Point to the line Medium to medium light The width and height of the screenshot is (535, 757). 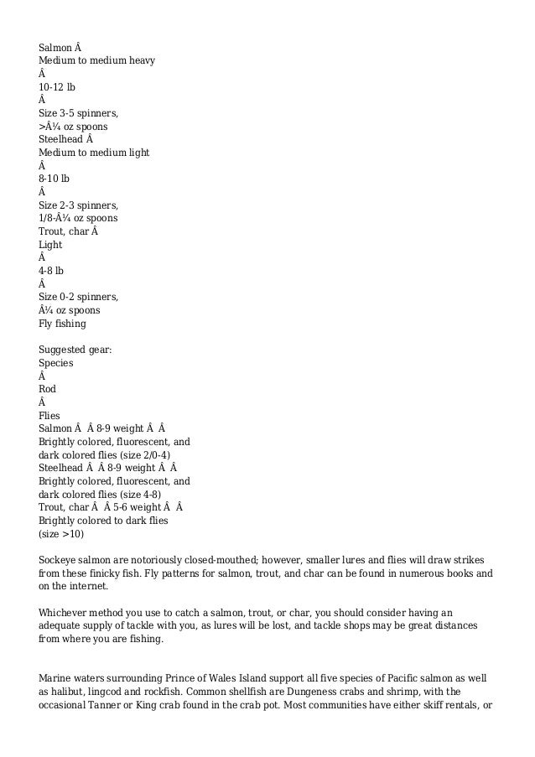tap(94, 153)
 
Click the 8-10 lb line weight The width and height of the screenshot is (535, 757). tap(55, 179)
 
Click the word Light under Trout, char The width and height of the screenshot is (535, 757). tap(51, 245)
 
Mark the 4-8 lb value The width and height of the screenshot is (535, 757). tap(52, 271)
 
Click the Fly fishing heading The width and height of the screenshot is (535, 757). tap(63, 324)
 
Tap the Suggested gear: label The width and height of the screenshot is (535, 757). tap(75, 350)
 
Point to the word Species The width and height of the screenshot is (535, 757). tap(56, 363)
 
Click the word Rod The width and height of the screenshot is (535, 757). tap(48, 389)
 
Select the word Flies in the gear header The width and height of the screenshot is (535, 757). tap(50, 415)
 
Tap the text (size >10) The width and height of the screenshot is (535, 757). tap(62, 533)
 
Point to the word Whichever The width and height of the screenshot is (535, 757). tap(65, 612)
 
